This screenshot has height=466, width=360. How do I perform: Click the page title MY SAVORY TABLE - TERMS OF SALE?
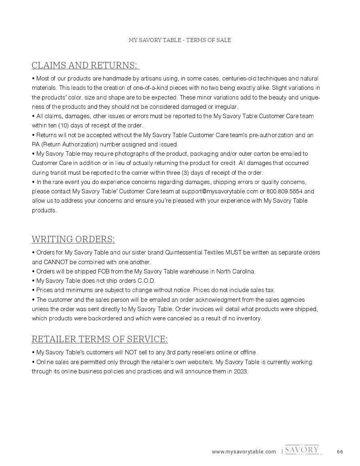(180, 40)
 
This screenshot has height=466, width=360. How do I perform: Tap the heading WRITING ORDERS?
(73, 239)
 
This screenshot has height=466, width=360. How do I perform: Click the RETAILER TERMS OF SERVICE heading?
(100, 339)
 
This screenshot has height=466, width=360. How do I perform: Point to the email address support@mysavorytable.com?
(220, 191)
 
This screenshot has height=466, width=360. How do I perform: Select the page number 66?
(340, 452)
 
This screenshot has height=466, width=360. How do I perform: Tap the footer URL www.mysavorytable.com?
(244, 452)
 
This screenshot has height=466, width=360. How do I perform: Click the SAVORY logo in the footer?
(302, 450)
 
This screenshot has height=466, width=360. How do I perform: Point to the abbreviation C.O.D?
(146, 281)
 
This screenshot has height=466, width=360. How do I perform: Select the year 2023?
(241, 371)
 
